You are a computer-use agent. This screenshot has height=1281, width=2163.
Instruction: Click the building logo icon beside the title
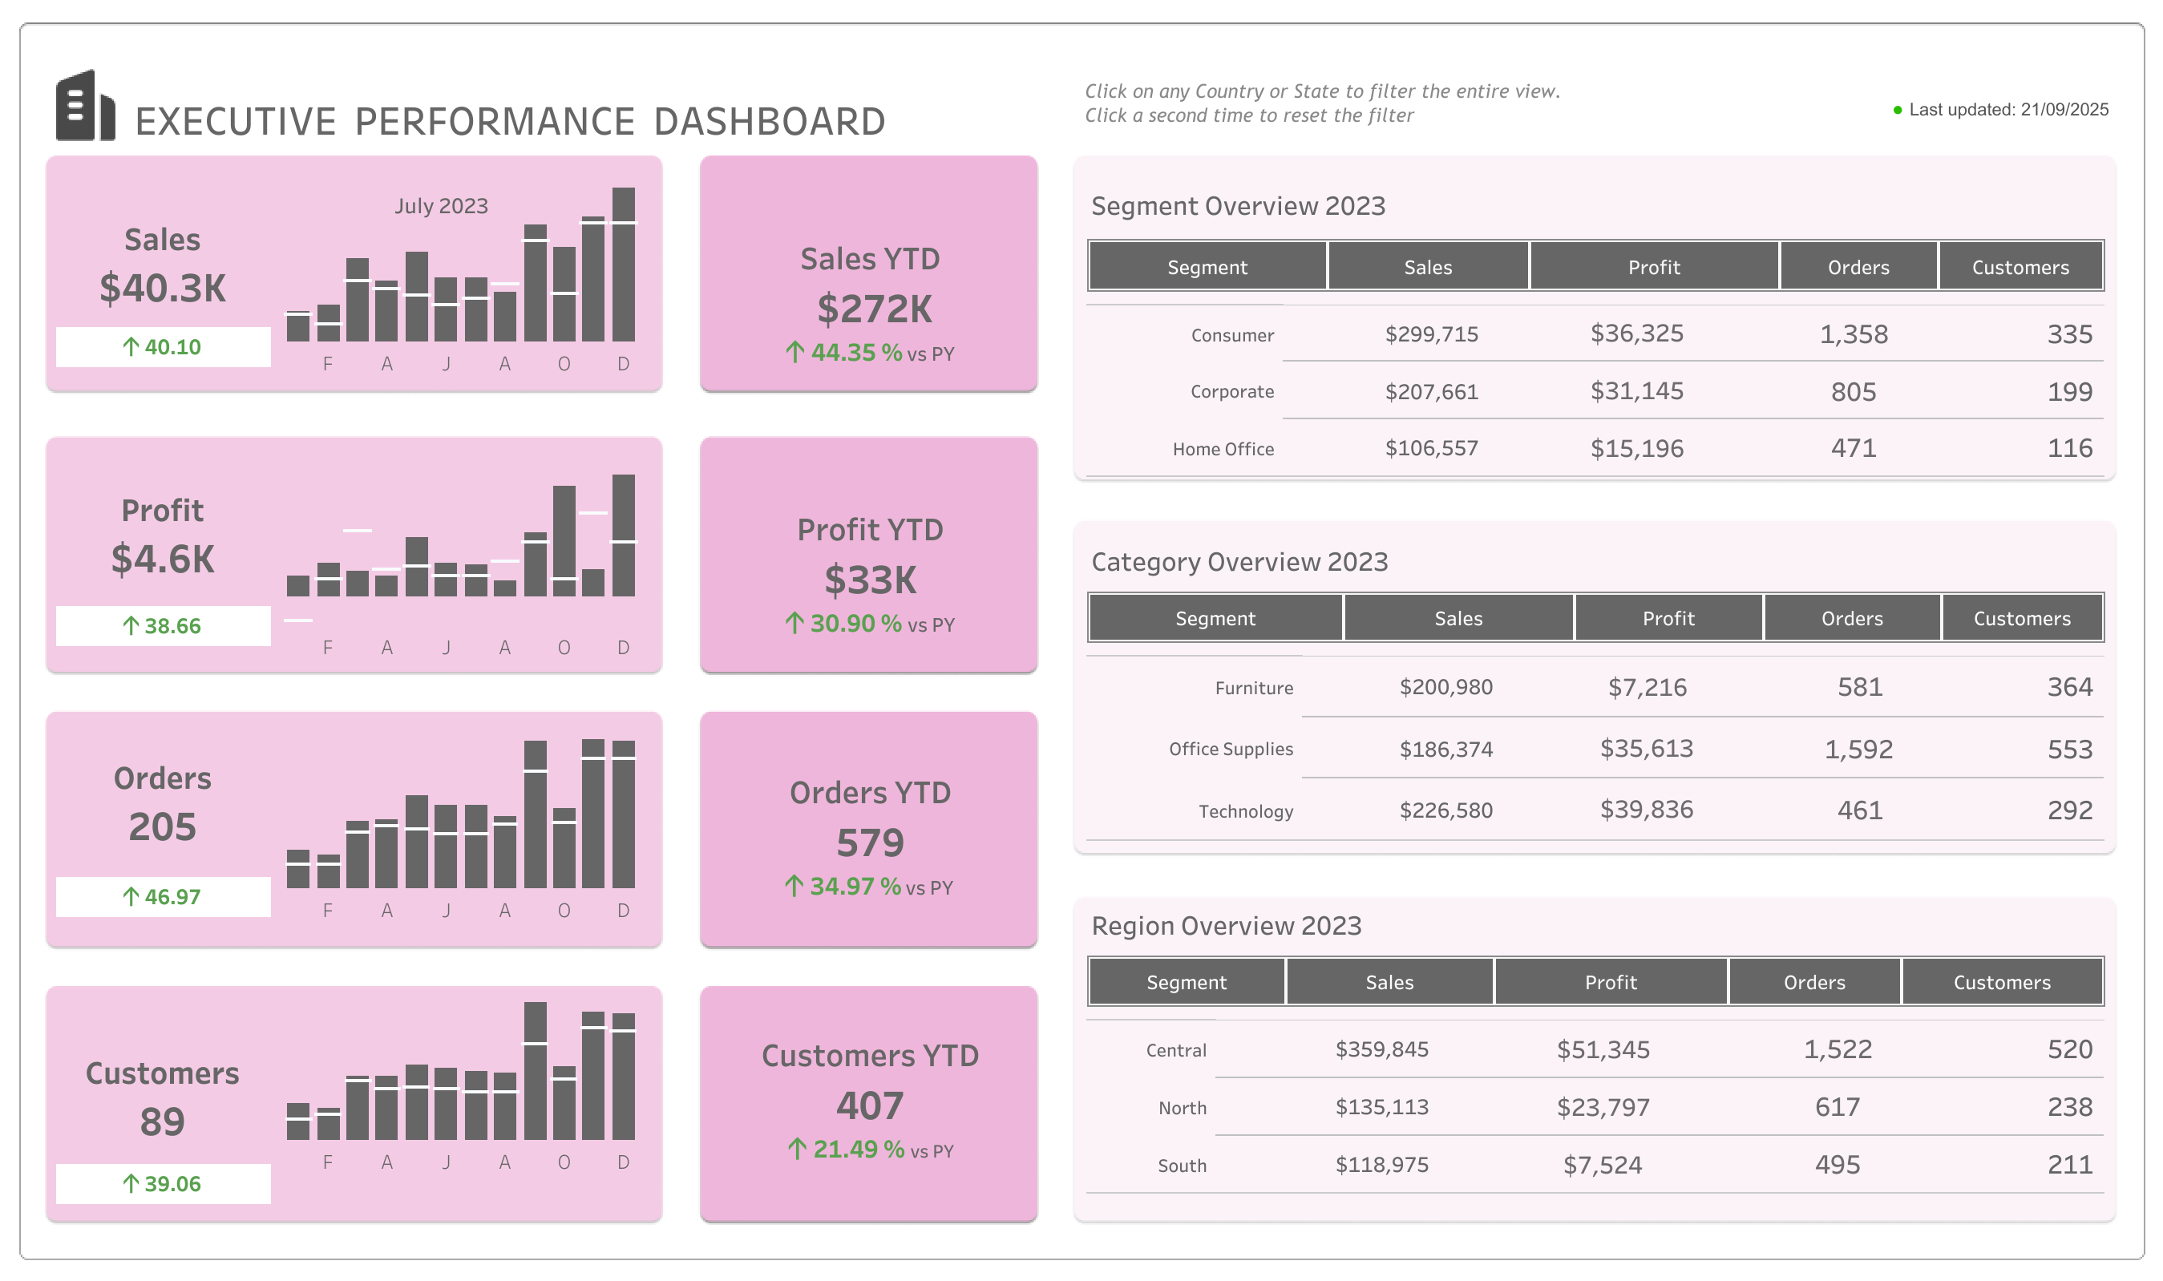pyautogui.click(x=85, y=105)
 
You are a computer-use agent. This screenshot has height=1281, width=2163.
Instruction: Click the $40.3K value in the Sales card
pyautogui.click(x=162, y=289)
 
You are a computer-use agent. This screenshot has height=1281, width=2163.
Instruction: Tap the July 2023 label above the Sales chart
pyautogui.click(x=441, y=206)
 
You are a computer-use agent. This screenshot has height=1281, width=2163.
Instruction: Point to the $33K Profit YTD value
pyautogui.click(x=869, y=580)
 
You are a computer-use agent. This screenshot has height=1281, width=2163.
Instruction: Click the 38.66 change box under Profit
pyautogui.click(x=162, y=626)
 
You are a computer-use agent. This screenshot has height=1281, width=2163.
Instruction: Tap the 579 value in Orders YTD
pyautogui.click(x=869, y=843)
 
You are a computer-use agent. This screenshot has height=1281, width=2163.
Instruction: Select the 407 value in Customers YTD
pyautogui.click(x=869, y=1105)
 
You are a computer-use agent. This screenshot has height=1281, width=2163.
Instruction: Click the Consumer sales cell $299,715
pyautogui.click(x=1431, y=334)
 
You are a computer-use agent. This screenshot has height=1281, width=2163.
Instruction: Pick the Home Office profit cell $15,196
pyautogui.click(x=1636, y=449)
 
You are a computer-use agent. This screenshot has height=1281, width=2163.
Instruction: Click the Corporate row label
pyautogui.click(x=1231, y=392)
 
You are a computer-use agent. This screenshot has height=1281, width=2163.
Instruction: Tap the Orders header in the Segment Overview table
pyautogui.click(x=1858, y=268)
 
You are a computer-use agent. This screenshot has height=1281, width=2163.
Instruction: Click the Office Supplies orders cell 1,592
pyautogui.click(x=1858, y=750)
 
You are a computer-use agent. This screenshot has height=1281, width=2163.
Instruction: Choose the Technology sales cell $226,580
pyautogui.click(x=1445, y=810)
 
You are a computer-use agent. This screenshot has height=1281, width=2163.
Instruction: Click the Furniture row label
pyautogui.click(x=1253, y=688)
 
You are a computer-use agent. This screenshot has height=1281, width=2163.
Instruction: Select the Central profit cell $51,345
pyautogui.click(x=1603, y=1049)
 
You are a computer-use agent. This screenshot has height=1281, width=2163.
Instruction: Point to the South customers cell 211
pyautogui.click(x=2069, y=1166)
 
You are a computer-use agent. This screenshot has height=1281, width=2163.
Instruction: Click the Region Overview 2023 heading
pyautogui.click(x=1226, y=926)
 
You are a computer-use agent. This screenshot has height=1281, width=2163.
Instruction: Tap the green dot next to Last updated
pyautogui.click(x=1897, y=111)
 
